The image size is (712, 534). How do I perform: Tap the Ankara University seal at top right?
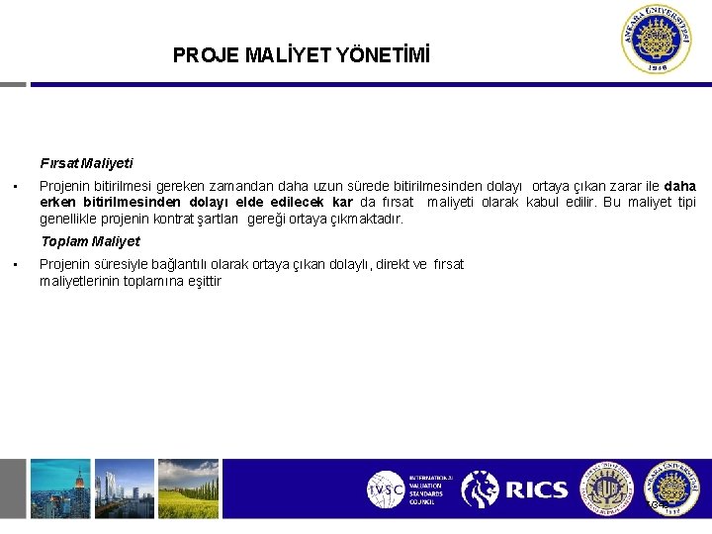(658, 40)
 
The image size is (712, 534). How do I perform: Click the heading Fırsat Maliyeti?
(87, 163)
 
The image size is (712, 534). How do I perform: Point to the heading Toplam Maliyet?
(90, 241)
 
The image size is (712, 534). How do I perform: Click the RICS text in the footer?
(536, 489)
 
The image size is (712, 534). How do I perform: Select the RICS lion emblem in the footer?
(481, 489)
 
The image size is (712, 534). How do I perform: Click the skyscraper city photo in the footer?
(59, 489)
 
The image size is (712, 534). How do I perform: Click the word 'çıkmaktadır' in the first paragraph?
(365, 220)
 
